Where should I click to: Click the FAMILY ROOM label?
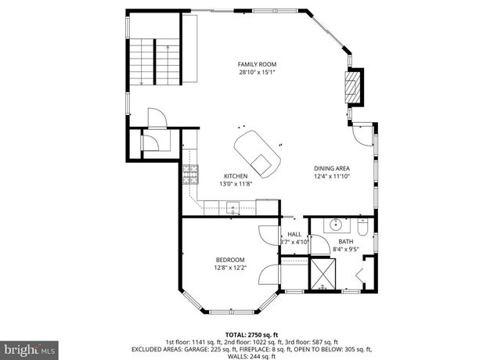pos(258,64)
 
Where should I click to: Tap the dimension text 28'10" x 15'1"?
pos(258,72)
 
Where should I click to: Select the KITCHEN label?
pos(236,176)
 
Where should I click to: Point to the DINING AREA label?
pos(332,168)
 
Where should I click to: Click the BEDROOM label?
pos(230,260)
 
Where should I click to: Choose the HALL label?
pos(294,234)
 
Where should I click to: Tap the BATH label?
pos(346,242)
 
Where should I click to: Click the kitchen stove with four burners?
pos(189,174)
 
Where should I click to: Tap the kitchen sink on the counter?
pos(232,208)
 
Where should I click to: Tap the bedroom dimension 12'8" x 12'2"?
pos(230,268)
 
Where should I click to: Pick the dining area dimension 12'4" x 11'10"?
pos(332,176)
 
